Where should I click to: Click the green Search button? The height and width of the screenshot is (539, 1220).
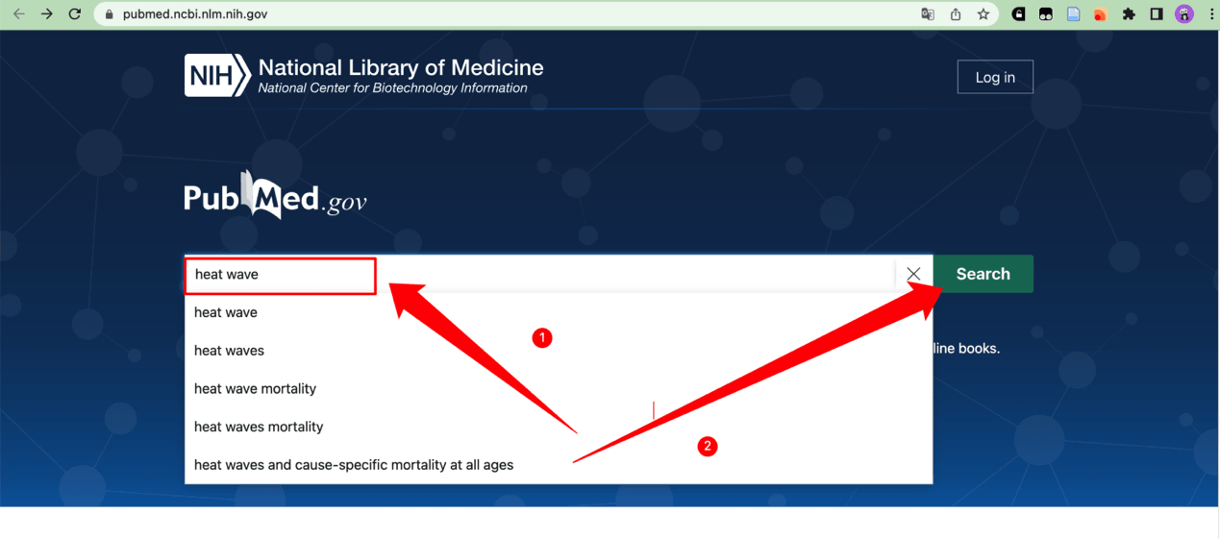[x=983, y=274]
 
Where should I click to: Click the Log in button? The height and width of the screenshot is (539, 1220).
[x=995, y=78]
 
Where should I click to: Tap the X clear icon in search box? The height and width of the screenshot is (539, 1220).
[x=913, y=274]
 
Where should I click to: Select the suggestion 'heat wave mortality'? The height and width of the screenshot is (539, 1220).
[x=255, y=388]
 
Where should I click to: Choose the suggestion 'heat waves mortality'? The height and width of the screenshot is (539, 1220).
[x=259, y=427]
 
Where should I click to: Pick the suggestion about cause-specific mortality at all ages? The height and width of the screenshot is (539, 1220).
[x=354, y=465]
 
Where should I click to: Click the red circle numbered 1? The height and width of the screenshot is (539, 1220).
[x=542, y=338]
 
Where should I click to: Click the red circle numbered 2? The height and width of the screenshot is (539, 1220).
[x=708, y=446]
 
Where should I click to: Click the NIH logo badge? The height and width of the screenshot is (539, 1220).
[x=217, y=76]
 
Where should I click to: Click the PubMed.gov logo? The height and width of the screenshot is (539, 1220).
[x=276, y=197]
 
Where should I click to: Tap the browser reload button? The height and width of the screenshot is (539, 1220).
[x=75, y=14]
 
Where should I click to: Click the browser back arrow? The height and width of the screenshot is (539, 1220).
[x=19, y=14]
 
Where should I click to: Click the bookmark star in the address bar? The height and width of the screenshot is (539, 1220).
[x=983, y=14]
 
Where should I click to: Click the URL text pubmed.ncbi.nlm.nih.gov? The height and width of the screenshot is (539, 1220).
[x=195, y=14]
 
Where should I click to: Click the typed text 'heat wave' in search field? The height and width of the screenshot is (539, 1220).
[x=227, y=275]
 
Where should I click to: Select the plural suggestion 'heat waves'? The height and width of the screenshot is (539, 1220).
[x=229, y=351]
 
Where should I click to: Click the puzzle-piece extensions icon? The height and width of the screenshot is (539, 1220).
[x=1129, y=14]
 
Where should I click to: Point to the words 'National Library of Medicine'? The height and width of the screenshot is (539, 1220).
[x=401, y=67]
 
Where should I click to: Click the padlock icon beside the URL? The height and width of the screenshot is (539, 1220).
[x=109, y=14]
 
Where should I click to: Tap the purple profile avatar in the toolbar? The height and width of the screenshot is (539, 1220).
[x=1184, y=14]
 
